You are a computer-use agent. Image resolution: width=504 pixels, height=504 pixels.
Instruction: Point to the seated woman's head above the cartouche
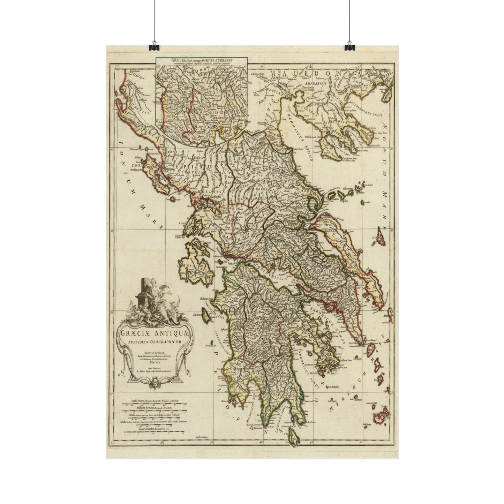(152, 281)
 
